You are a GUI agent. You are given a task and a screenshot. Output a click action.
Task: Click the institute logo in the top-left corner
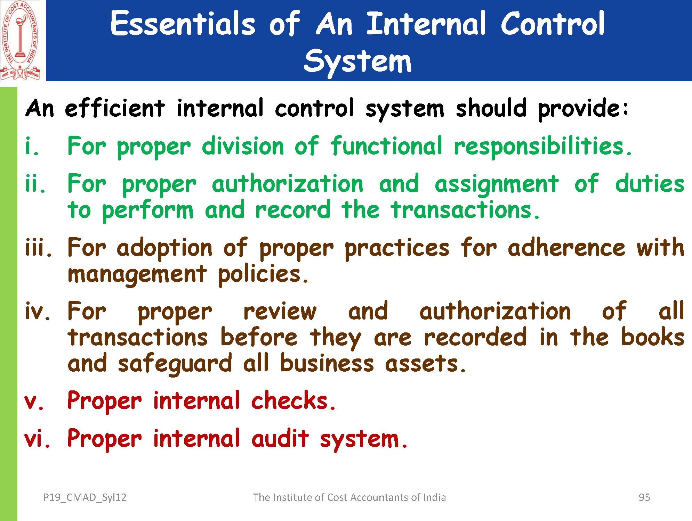(x=20, y=40)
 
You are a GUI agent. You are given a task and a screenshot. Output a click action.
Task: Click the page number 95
(x=644, y=497)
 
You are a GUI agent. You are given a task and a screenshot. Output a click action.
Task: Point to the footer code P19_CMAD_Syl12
(x=85, y=498)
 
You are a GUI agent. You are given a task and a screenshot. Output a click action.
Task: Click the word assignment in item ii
(x=497, y=184)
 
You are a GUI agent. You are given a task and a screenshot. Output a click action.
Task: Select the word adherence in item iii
(x=566, y=247)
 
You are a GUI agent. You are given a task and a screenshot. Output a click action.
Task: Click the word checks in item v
(x=293, y=400)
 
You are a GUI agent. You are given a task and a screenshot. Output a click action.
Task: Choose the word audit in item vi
(x=280, y=438)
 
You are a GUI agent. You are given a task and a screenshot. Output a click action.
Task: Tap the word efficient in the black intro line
(x=115, y=108)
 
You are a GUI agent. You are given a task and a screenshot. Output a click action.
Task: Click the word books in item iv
(x=653, y=337)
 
